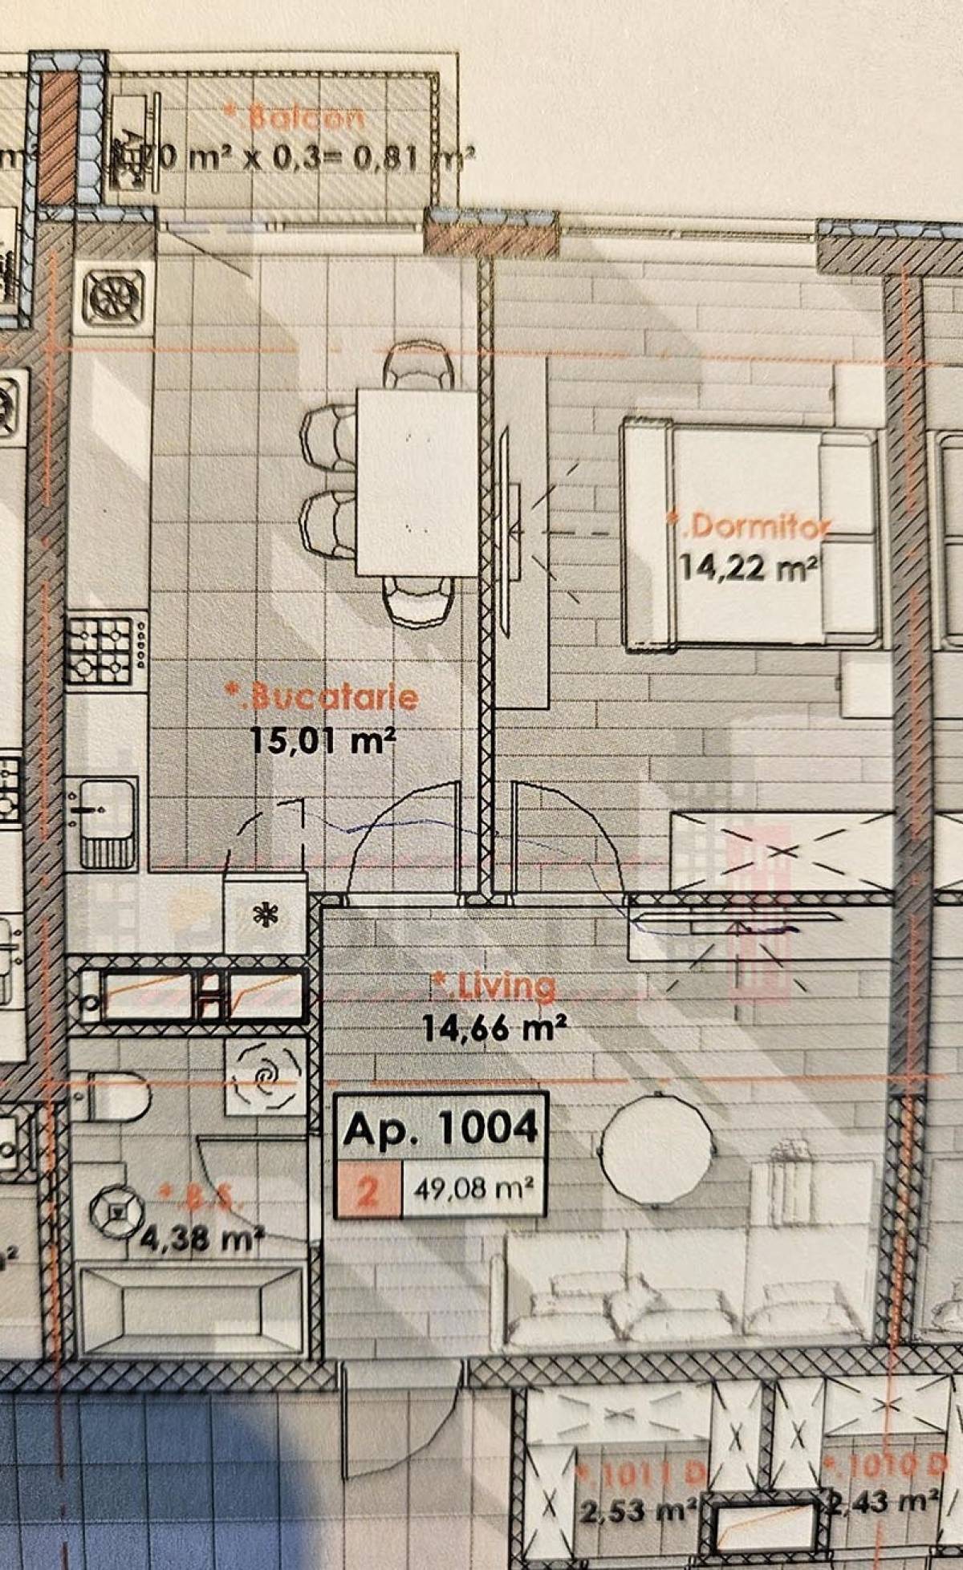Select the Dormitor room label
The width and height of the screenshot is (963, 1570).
(750, 526)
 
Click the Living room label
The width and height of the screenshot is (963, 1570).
(494, 987)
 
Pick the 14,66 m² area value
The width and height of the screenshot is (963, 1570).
(496, 1027)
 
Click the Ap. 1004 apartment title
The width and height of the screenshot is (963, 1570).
(441, 1129)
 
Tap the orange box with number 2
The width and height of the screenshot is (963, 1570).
(368, 1190)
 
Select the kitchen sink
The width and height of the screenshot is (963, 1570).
(107, 822)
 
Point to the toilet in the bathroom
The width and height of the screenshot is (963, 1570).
(119, 1096)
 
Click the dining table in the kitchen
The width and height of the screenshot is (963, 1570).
(417, 482)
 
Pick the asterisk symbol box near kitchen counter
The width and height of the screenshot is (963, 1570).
(265, 915)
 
